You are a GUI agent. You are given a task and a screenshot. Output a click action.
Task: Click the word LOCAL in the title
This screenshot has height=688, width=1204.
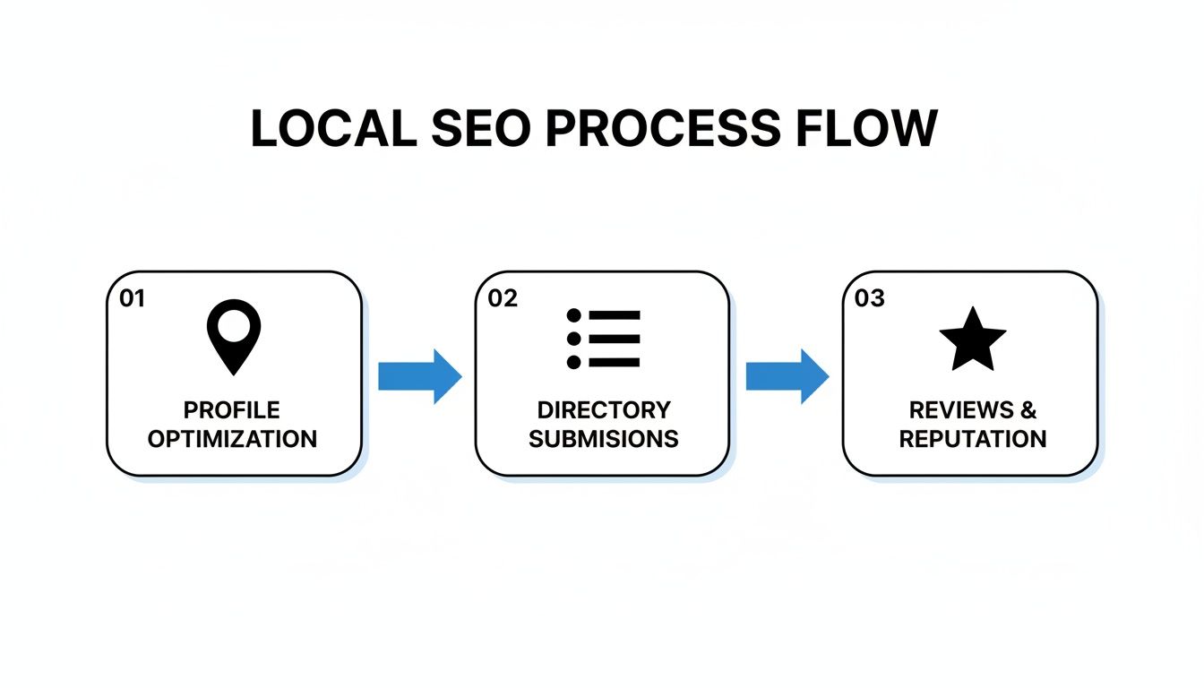click(333, 129)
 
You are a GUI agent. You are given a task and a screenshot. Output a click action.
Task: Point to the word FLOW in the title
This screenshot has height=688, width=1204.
click(865, 129)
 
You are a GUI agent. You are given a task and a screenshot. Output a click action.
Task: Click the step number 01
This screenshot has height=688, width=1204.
click(132, 299)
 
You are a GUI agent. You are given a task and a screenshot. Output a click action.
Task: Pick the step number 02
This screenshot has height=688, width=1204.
click(503, 299)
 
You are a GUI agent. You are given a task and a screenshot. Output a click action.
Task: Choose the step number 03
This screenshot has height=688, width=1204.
click(870, 299)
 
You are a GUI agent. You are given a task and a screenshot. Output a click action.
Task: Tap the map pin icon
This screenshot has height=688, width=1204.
click(234, 336)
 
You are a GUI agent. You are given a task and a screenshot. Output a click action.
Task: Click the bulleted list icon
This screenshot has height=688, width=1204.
click(603, 339)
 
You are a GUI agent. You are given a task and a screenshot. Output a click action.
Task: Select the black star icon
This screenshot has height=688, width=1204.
click(972, 340)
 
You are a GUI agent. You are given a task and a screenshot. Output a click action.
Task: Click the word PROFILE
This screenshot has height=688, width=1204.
click(232, 410)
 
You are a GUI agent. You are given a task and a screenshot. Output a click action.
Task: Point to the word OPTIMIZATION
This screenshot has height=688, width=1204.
click(232, 439)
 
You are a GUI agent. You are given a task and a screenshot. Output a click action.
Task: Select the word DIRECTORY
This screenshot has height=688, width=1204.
click(603, 410)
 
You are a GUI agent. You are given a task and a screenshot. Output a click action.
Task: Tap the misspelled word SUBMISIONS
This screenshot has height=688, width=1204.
click(603, 439)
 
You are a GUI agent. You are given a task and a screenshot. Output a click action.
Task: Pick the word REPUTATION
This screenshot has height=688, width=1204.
click(973, 439)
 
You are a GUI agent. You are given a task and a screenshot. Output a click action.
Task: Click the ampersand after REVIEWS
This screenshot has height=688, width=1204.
click(1028, 410)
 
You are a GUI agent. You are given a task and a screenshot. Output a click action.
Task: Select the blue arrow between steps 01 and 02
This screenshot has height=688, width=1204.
click(419, 376)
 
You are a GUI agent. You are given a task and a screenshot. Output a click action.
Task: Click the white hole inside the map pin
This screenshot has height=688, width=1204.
click(234, 327)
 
